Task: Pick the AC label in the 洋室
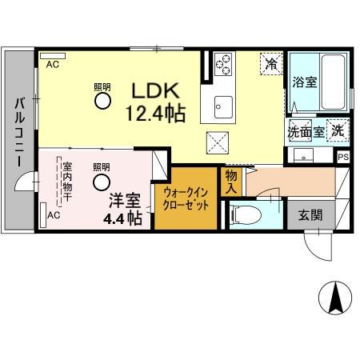[x=54, y=215]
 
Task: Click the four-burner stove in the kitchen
[x=222, y=62]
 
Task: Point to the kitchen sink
[x=222, y=106]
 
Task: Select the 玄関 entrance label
[x=311, y=215]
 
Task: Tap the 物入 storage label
[x=231, y=181]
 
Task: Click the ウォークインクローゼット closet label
[x=186, y=198]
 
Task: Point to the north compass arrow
[x=334, y=299]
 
